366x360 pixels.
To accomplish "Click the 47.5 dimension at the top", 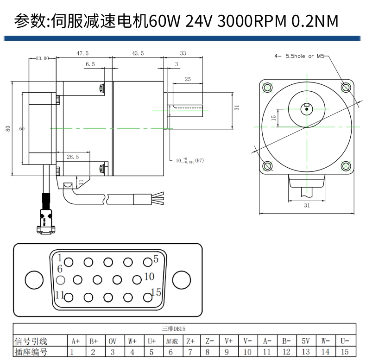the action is (x=82, y=53).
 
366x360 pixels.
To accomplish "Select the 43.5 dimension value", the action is (x=138, y=53).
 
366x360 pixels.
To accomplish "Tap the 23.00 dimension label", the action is (x=42, y=58).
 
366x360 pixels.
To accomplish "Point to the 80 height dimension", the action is (x=8, y=128).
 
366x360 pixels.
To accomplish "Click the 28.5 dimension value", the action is (x=73, y=157).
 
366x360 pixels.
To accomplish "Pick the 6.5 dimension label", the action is (x=90, y=64).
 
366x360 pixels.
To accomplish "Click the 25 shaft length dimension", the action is (x=188, y=79).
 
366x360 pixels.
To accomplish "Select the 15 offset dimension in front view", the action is (x=273, y=118).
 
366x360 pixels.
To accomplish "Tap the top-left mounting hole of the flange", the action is (x=267, y=88).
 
